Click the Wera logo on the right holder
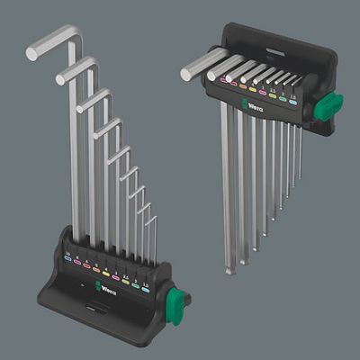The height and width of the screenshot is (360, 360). point(253,105)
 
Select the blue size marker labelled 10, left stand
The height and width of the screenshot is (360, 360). point(67,257)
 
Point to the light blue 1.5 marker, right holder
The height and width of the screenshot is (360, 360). point(293,102)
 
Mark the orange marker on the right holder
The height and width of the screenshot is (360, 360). point(243,86)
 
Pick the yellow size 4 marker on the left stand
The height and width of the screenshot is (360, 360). point(106,274)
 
